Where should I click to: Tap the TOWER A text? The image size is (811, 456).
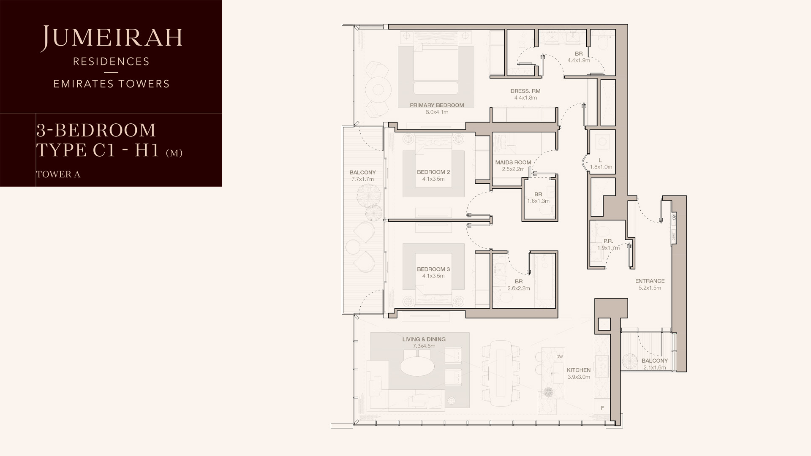pos(58,174)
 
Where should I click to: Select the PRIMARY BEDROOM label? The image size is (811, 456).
pos(437,105)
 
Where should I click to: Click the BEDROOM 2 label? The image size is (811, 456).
pos(433,172)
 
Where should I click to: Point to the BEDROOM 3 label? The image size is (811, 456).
pos(433,269)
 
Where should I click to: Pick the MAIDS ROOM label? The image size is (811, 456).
pos(513,163)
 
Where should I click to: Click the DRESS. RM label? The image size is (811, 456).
pos(525,91)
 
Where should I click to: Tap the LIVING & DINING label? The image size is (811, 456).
pos(424,339)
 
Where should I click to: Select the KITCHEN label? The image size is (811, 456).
pos(579,370)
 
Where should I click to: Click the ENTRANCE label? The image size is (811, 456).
pos(650,281)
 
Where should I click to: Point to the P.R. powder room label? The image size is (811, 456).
pos(608,242)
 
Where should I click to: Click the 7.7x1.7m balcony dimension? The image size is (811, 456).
pos(362,179)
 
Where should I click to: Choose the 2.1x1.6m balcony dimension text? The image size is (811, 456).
pos(655,368)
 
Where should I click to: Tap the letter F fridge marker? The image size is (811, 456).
pos(603,408)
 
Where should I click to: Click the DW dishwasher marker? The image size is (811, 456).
pos(560,357)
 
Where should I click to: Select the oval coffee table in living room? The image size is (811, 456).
pos(416,366)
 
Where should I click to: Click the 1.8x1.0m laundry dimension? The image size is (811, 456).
pos(601,167)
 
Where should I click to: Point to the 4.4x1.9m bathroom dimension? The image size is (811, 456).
pos(579,61)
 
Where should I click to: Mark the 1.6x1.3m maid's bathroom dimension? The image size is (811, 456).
pos(538,201)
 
